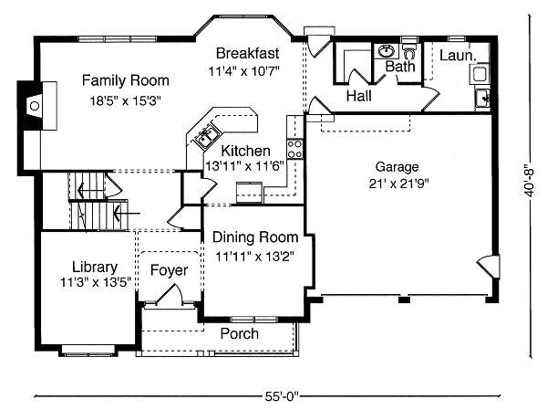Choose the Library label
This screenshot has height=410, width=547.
point(95,267)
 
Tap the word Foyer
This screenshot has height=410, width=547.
point(169,271)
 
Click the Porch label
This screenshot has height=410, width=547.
point(239,334)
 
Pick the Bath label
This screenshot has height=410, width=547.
point(399,67)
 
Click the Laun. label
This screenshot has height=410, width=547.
point(455,56)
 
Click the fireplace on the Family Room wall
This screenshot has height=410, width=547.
point(34,106)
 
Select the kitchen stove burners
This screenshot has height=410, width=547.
point(294,144)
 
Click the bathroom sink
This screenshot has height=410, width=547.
point(386,51)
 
